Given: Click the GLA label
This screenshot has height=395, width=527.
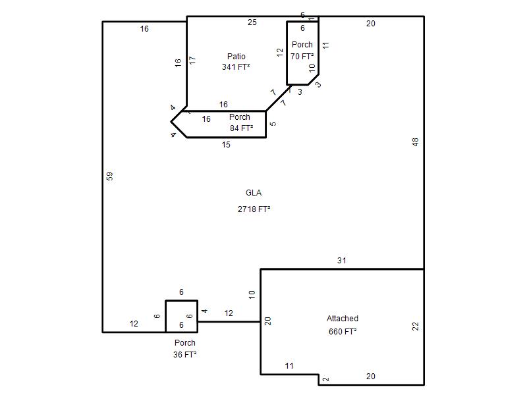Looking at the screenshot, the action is (254, 193).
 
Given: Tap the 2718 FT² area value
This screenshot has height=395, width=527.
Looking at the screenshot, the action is (254, 209).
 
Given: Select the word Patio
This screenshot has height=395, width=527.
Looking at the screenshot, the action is (236, 57).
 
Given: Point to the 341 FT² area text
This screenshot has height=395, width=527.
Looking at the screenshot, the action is (236, 67).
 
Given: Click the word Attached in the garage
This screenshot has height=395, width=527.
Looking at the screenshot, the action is (343, 319).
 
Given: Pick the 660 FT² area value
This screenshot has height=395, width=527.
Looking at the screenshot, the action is (343, 332).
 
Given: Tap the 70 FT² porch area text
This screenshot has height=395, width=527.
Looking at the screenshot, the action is (302, 57).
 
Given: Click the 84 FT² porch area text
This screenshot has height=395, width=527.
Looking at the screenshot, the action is (241, 128).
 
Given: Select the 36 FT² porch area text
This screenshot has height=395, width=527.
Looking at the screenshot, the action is (184, 354).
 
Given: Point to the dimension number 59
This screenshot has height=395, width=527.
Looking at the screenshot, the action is (110, 176).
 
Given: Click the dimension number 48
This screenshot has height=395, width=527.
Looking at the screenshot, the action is (416, 142).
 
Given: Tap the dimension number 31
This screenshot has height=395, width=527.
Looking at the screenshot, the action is (342, 260).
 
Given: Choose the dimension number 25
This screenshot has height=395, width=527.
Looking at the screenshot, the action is (252, 22).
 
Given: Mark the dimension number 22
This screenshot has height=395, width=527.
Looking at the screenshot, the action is (416, 326).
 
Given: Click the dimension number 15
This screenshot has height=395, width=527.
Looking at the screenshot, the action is (226, 145).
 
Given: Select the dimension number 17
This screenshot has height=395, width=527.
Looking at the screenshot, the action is (192, 61).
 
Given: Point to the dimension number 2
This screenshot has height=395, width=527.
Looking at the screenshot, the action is (325, 379).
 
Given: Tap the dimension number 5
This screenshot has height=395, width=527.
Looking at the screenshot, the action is (273, 124).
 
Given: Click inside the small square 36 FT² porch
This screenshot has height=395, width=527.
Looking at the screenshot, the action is (182, 316).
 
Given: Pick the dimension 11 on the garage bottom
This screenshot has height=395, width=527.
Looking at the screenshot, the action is (289, 366).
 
